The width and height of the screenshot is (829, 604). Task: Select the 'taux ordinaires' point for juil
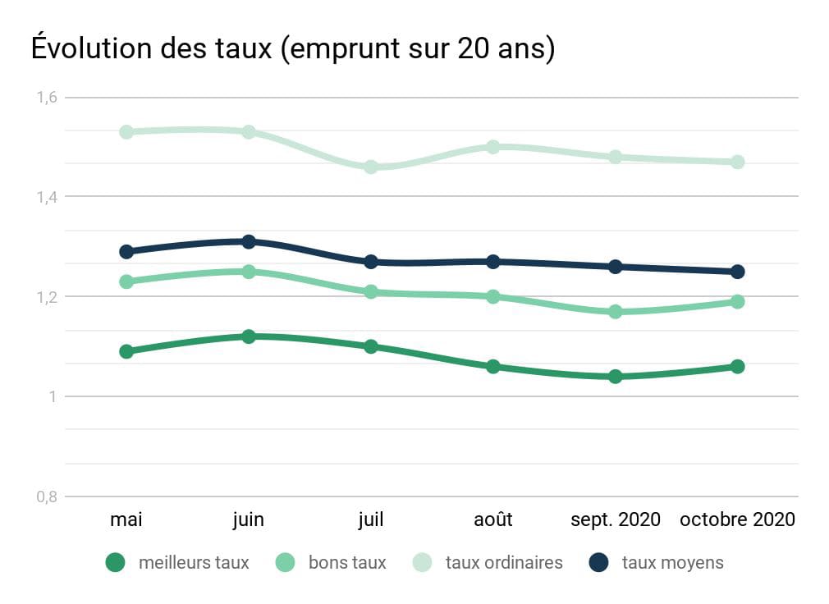click(x=371, y=167)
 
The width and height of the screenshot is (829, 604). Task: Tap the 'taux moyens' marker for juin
click(x=249, y=241)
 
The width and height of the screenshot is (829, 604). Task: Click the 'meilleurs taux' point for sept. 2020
click(x=616, y=377)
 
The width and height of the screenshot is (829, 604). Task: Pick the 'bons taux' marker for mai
click(x=126, y=281)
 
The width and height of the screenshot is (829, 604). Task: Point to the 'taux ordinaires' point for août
click(x=493, y=147)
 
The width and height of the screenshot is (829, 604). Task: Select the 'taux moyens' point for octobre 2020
click(x=738, y=272)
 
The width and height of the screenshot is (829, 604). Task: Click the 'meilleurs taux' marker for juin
click(x=249, y=336)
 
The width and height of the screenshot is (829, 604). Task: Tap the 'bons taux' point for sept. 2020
click(x=616, y=312)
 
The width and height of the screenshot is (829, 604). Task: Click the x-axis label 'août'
click(x=493, y=520)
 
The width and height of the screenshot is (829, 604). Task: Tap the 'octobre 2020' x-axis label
click(x=737, y=520)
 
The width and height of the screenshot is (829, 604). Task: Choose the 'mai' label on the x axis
click(x=126, y=520)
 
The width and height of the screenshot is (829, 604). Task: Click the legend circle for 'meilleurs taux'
click(x=116, y=563)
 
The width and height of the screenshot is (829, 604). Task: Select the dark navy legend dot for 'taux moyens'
click(x=599, y=563)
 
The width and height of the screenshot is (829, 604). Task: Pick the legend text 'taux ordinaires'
click(x=504, y=563)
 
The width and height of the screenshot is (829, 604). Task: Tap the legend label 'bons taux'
click(x=347, y=563)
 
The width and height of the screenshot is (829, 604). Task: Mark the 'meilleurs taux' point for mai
click(x=126, y=351)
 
